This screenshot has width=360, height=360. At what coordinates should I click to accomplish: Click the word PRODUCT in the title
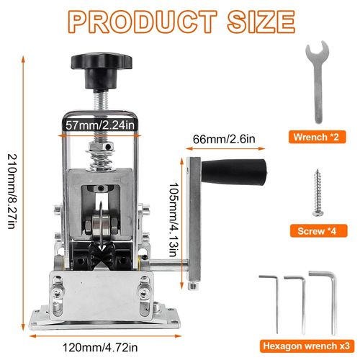click(143, 22)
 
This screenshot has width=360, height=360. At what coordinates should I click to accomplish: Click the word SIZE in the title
click(261, 22)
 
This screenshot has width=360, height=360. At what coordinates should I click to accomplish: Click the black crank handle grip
click(234, 171)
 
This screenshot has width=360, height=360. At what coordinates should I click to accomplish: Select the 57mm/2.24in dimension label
click(100, 125)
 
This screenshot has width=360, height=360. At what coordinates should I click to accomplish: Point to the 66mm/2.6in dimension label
click(224, 139)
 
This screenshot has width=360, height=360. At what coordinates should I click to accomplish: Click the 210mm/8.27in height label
click(12, 191)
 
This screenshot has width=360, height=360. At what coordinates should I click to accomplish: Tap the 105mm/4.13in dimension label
click(174, 220)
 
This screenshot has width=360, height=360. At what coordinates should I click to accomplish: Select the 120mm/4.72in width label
click(100, 347)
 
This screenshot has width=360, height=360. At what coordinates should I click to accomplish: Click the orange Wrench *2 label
click(317, 137)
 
